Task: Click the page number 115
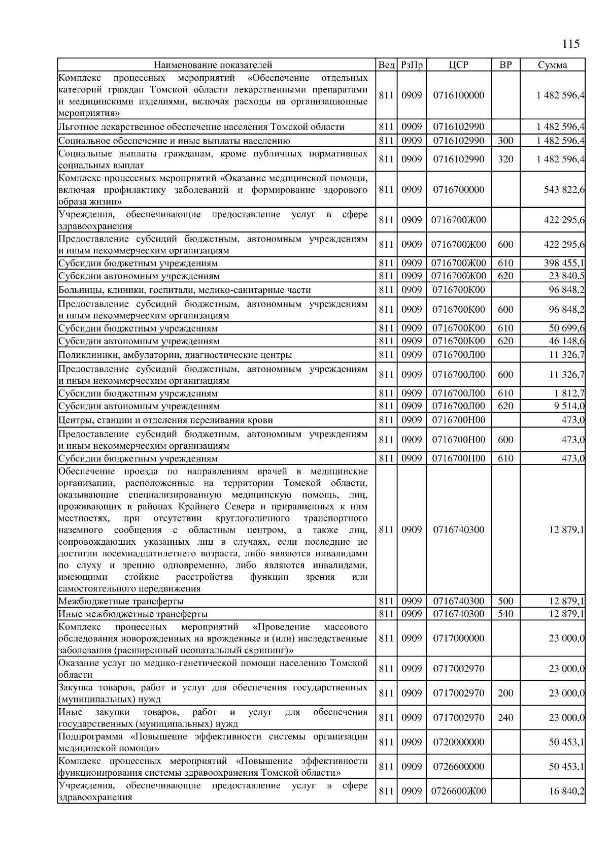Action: (571, 44)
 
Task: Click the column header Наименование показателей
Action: (213, 64)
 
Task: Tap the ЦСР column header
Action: (459, 64)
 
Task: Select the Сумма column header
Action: (553, 64)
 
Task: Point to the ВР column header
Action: (505, 64)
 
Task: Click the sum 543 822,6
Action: (564, 189)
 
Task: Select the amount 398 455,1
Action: (564, 263)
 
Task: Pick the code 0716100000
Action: (459, 95)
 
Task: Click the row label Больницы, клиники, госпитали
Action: (185, 290)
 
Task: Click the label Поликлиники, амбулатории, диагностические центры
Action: (175, 355)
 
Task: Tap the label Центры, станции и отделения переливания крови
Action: (165, 420)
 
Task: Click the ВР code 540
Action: (505, 614)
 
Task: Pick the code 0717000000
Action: (459, 638)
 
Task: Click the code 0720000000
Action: (459, 742)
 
